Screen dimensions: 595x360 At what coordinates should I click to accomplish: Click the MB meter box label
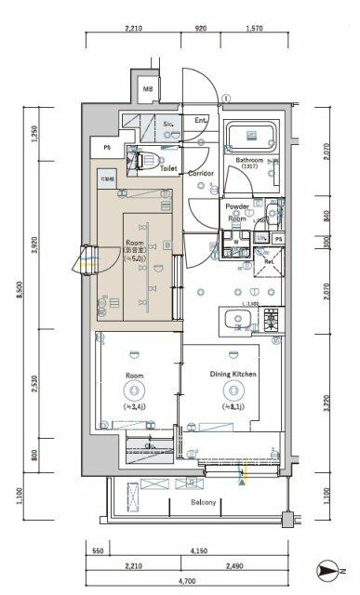tap(147, 90)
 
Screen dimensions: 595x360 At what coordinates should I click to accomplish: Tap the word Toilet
tap(168, 169)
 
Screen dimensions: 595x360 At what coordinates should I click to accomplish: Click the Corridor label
tap(201, 174)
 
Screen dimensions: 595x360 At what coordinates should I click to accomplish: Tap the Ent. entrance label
tap(200, 121)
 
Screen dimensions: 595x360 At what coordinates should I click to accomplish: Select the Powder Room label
tap(236, 212)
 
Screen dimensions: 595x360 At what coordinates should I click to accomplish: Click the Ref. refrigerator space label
tap(269, 261)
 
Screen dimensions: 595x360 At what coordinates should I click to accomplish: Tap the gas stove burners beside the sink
tap(271, 321)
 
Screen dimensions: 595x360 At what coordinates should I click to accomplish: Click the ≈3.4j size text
tap(135, 406)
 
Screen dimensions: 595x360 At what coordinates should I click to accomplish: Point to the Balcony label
tap(204, 503)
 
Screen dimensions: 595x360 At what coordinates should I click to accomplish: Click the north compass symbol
tap(326, 568)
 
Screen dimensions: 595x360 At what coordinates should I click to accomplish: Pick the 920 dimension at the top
tap(202, 29)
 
